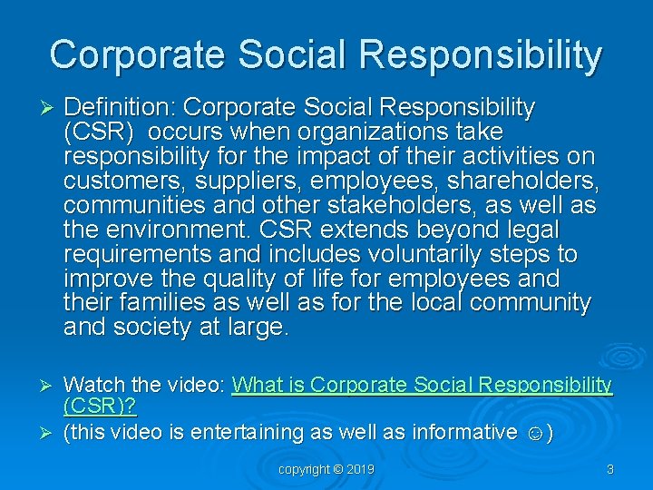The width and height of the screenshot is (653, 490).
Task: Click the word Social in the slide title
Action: (291, 54)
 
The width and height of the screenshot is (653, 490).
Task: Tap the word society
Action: (161, 327)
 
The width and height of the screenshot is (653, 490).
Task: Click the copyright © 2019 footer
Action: (326, 469)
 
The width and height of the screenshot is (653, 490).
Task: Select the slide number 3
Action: (609, 469)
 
